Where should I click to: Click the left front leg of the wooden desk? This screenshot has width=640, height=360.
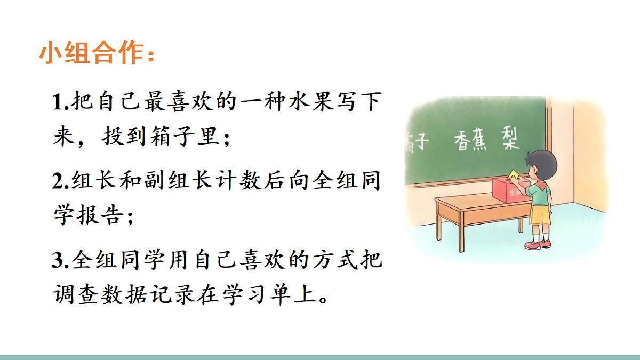439,224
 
